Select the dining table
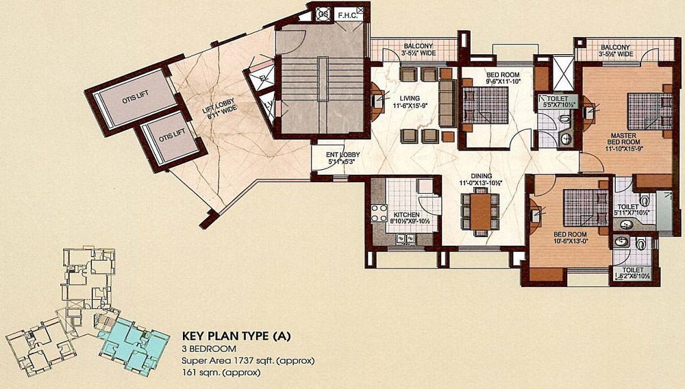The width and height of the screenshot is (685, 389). pos(480,212)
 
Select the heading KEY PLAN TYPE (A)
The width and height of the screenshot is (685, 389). pos(236,336)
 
